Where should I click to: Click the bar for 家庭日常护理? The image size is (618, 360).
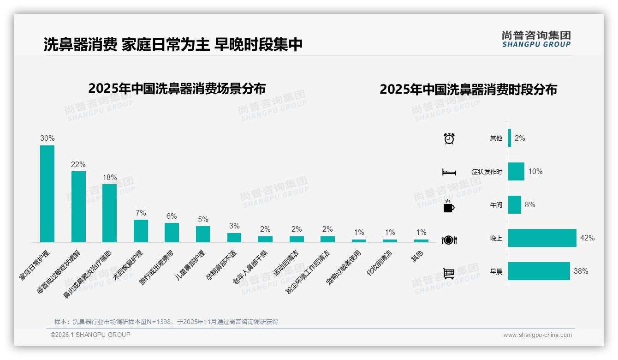click(47, 194)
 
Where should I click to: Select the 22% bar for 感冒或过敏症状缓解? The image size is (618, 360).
click(78, 207)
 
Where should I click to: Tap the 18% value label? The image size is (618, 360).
click(110, 177)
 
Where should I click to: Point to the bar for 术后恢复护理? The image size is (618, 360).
click(141, 231)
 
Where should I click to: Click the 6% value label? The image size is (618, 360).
click(172, 216)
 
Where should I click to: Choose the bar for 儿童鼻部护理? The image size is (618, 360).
click(203, 234)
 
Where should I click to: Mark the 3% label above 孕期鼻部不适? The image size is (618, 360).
click(234, 226)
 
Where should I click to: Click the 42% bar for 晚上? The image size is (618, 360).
click(542, 238)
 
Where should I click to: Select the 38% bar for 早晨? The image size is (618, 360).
click(539, 271)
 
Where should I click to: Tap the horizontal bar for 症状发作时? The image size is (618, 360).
click(516, 172)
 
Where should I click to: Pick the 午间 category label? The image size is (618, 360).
click(496, 205)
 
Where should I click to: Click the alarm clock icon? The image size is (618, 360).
click(449, 138)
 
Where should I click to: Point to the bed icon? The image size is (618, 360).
click(449, 172)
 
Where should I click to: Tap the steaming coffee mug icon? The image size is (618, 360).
click(449, 206)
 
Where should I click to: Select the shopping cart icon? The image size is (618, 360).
click(449, 273)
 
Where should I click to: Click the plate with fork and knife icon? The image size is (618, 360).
click(449, 240)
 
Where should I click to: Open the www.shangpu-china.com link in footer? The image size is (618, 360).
click(537, 335)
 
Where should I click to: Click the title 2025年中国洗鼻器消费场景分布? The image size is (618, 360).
click(177, 88)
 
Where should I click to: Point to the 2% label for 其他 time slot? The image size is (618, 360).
click(520, 138)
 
